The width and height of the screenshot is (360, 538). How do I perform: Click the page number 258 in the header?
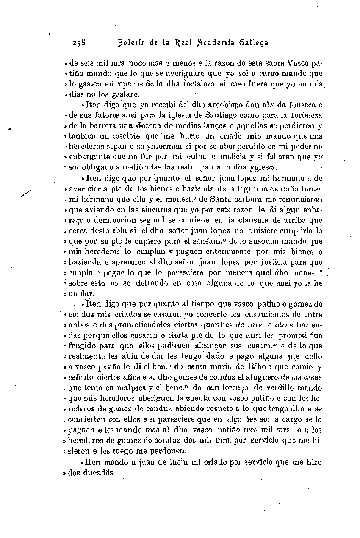point(79,43)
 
